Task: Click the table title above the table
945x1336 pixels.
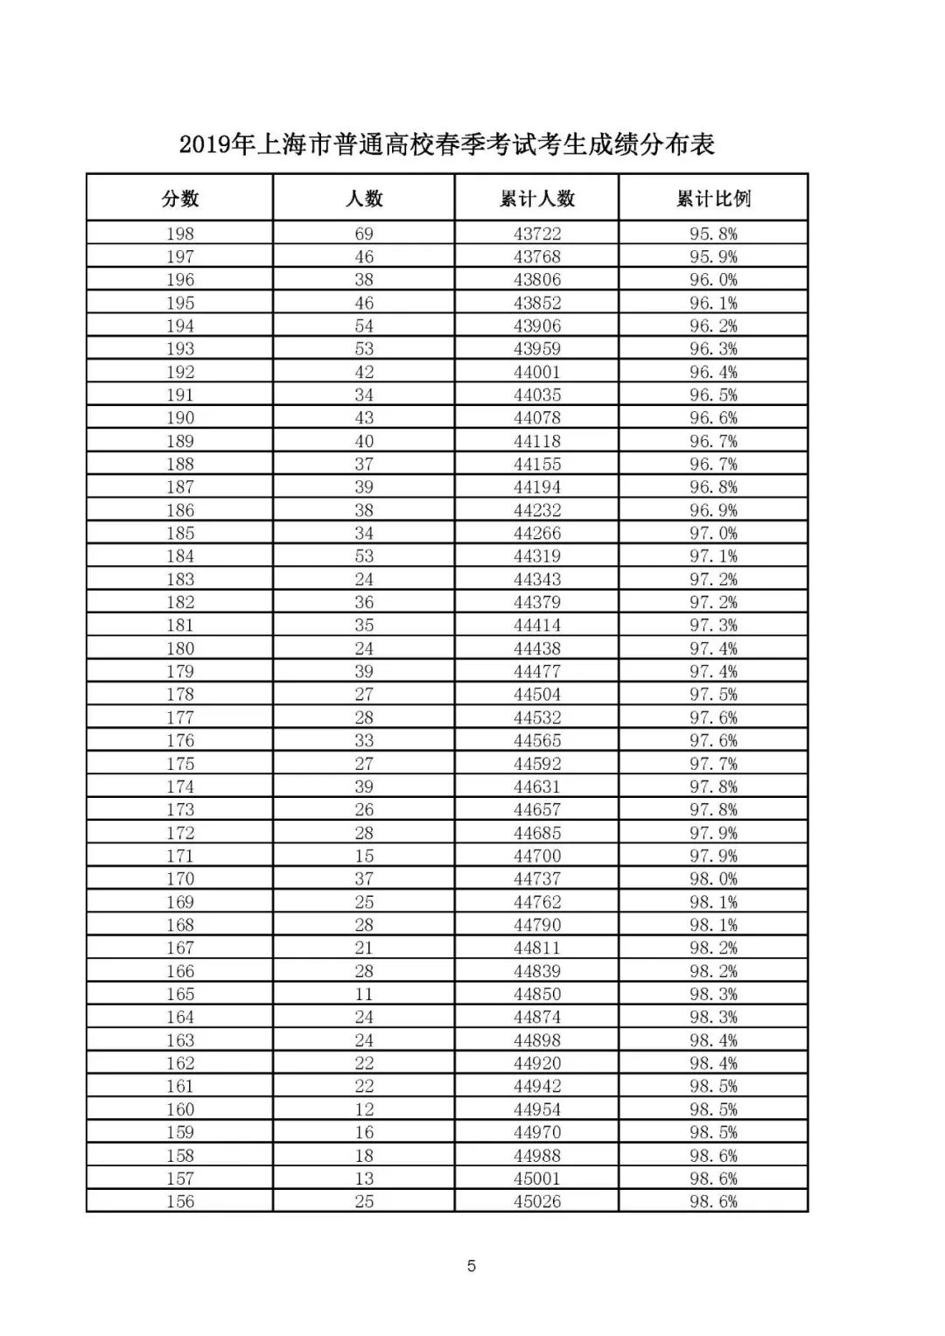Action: (447, 144)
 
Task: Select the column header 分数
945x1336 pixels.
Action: (180, 199)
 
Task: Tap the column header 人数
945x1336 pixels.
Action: (364, 199)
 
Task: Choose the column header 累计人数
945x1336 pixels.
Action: (537, 199)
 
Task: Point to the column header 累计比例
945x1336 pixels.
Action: (713, 199)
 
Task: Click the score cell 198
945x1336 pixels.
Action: (180, 234)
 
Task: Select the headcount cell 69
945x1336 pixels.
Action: (364, 234)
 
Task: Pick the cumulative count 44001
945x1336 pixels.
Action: (537, 372)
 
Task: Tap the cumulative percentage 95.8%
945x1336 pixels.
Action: (713, 234)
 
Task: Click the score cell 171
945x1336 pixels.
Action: (180, 856)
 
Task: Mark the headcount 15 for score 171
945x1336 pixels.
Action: (364, 856)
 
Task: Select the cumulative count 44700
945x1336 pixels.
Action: (537, 856)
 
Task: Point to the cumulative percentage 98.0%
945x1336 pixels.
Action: (713, 878)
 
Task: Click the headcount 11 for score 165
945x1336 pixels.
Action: (364, 994)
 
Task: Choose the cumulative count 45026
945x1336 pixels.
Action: (537, 1201)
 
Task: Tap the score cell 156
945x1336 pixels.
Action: (180, 1201)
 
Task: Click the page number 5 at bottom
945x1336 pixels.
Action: (472, 1266)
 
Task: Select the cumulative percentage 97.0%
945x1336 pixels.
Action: (713, 533)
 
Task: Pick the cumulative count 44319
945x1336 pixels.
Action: (537, 556)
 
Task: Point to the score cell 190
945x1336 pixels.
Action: (180, 418)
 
